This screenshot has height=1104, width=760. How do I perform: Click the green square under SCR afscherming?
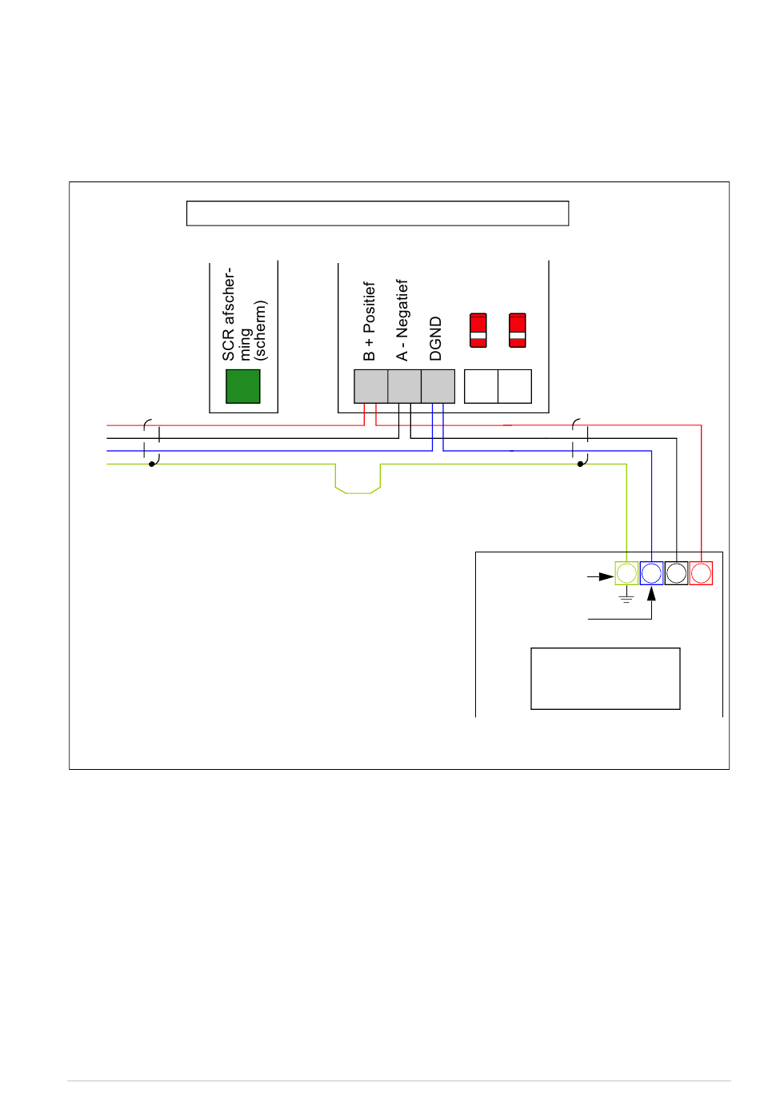[242, 386]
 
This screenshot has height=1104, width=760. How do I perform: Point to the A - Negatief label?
[402, 320]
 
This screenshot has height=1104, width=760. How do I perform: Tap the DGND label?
[435, 339]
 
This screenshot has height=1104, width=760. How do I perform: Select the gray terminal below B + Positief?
[371, 386]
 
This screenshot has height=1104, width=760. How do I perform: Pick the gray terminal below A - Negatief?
[405, 386]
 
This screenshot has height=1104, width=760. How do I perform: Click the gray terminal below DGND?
[438, 386]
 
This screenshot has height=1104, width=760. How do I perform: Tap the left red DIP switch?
[478, 330]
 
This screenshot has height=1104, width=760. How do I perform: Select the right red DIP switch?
[518, 330]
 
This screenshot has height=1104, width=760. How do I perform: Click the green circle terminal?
[626, 573]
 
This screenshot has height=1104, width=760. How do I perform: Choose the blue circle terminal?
[651, 573]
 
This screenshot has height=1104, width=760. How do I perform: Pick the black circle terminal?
[676, 573]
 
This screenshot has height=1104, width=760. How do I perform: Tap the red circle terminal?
[701, 573]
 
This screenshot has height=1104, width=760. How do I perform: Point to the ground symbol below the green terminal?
[626, 597]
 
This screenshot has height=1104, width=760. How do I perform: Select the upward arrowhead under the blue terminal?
[651, 593]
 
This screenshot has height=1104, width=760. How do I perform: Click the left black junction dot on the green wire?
[151, 464]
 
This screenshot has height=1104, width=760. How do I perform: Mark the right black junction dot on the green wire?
[580, 464]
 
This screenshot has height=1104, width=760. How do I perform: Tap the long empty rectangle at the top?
[378, 213]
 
